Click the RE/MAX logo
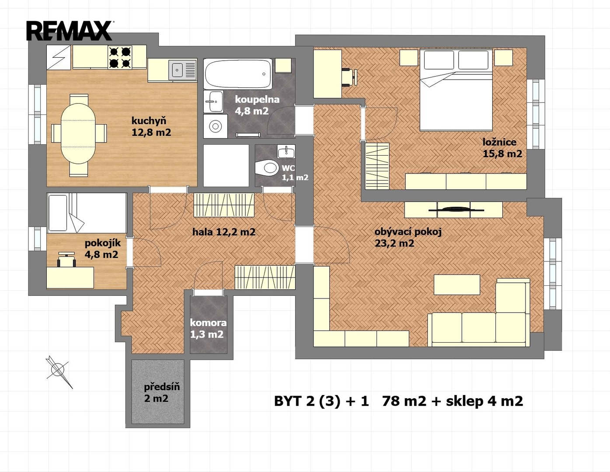(70, 31)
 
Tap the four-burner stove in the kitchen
(120, 57)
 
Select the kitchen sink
(182, 70)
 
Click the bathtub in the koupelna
(238, 74)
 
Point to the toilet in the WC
(266, 168)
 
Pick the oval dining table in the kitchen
(78, 133)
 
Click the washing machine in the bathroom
(215, 126)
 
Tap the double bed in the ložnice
(456, 90)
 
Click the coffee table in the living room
(457, 285)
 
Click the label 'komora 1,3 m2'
(208, 328)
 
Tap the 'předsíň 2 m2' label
(162, 392)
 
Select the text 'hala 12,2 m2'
(224, 232)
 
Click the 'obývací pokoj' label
(408, 232)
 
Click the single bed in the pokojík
(87, 213)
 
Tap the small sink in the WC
(286, 152)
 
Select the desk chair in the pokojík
(66, 260)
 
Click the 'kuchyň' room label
(149, 121)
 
